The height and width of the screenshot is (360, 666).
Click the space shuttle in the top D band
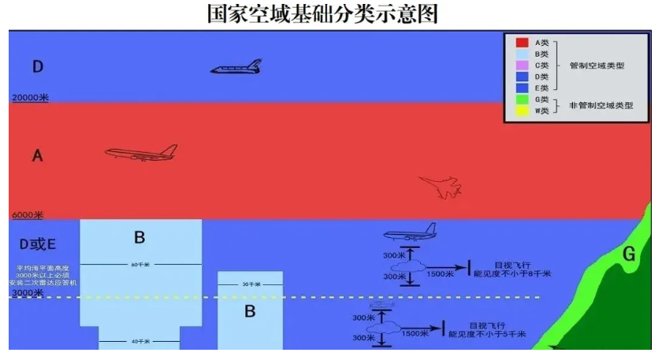235,69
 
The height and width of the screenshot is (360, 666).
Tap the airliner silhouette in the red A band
141,153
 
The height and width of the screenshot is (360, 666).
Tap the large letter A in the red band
37,157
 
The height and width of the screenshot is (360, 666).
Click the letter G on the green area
628,254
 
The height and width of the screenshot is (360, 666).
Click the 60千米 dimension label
141,264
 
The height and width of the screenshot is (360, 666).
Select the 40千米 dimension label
141,341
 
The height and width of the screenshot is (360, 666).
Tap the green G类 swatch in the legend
522,99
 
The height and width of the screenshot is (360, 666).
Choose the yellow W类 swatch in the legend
522,112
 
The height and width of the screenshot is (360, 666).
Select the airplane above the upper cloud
409,232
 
